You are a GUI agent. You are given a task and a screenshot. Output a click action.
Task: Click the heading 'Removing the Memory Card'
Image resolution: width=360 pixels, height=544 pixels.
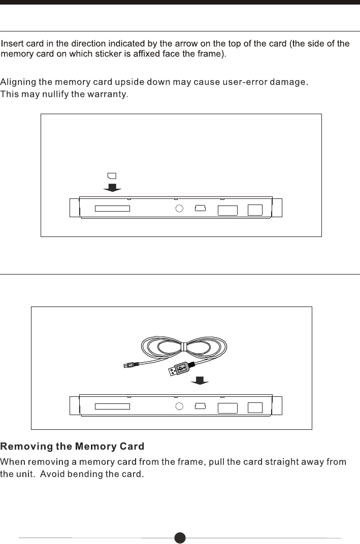[x=72, y=447]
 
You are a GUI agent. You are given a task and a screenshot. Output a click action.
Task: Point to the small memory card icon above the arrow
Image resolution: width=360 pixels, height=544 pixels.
[x=112, y=176]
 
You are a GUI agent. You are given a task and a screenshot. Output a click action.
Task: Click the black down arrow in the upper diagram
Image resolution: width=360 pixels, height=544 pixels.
[x=112, y=188]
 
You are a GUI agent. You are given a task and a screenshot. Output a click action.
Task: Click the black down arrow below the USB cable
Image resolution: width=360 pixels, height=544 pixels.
[x=202, y=381]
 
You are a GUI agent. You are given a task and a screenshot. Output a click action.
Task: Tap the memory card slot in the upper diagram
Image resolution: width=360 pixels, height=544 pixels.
[x=112, y=209]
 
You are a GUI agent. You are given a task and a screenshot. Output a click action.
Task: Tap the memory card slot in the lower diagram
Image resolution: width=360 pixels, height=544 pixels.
[x=112, y=406]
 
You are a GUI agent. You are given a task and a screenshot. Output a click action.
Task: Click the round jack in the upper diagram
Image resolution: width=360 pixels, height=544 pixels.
[x=179, y=209]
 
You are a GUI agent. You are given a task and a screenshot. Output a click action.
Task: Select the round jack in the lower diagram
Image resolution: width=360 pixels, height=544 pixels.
[x=179, y=406]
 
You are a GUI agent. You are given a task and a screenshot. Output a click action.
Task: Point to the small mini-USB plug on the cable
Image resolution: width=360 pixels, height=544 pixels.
[x=129, y=364]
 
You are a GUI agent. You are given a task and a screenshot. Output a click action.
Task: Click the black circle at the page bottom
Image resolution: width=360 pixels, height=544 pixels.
[x=180, y=537]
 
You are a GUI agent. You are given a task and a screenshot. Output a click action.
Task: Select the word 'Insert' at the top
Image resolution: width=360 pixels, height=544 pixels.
[x=12, y=44]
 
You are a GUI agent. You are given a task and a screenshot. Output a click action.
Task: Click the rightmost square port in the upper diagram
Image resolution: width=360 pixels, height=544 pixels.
[x=255, y=210]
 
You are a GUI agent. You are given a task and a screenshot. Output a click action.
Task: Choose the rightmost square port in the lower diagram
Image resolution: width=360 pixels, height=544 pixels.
[x=255, y=407]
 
